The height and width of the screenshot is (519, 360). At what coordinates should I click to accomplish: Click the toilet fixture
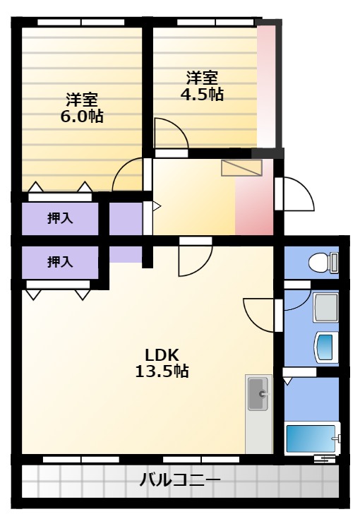point(323,263)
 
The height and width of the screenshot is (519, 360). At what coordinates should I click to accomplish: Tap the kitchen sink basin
point(258,394)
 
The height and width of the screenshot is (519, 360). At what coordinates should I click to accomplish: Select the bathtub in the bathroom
point(312,439)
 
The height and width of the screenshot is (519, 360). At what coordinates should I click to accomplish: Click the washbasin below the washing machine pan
point(326,347)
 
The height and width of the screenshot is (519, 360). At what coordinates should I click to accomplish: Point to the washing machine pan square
point(325,307)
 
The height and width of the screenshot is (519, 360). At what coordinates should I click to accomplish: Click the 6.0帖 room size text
point(82,117)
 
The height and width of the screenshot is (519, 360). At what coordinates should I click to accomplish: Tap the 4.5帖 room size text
point(202,95)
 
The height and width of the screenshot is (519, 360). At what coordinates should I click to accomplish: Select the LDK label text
point(162,354)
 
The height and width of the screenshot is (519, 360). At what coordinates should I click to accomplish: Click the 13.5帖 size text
point(162,371)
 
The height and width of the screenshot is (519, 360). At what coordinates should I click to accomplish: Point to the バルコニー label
point(180,479)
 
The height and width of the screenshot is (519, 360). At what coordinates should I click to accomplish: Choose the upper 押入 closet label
point(60,218)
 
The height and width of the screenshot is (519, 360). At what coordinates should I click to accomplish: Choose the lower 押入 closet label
point(60,262)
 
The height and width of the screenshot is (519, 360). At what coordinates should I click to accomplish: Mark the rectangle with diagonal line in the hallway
point(242,167)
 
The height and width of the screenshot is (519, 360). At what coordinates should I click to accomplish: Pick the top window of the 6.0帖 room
point(81,23)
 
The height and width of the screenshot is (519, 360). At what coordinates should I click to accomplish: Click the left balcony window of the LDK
point(81,460)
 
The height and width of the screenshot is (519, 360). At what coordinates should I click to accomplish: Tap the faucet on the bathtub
point(336,439)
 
